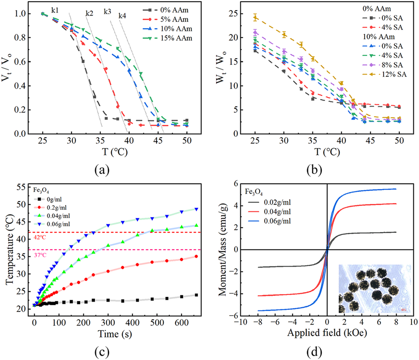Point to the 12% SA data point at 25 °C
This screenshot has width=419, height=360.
tap(255, 18)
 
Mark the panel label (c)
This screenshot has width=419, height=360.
tap(104, 352)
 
